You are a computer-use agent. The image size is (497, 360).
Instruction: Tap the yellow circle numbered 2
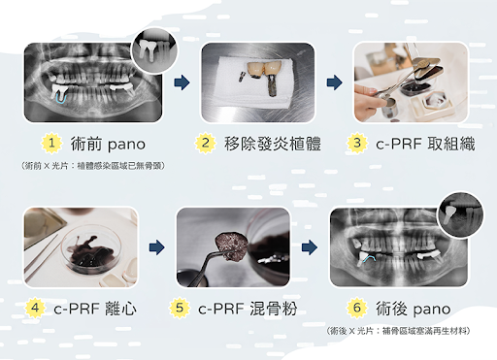[x=205, y=144]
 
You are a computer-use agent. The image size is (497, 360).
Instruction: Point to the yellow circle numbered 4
[x=36, y=309]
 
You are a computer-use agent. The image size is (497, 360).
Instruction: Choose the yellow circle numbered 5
[x=180, y=309]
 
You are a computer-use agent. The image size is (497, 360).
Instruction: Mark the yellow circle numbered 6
[x=358, y=309]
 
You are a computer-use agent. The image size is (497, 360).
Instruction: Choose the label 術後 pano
[x=414, y=309]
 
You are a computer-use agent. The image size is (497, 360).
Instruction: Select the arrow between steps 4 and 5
[x=155, y=248]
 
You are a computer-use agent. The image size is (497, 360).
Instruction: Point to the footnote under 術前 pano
[x=92, y=166]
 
